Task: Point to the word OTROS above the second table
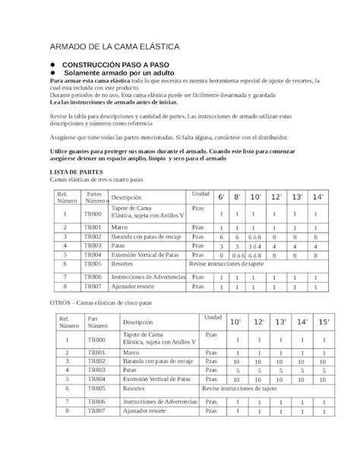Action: [60, 303]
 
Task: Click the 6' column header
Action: [221, 197]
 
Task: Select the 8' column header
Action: [237, 197]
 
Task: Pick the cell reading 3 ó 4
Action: [256, 246]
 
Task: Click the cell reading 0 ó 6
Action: [237, 255]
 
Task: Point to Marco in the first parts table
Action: [119, 227]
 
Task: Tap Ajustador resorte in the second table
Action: [145, 411]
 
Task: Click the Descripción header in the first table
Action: [126, 197]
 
